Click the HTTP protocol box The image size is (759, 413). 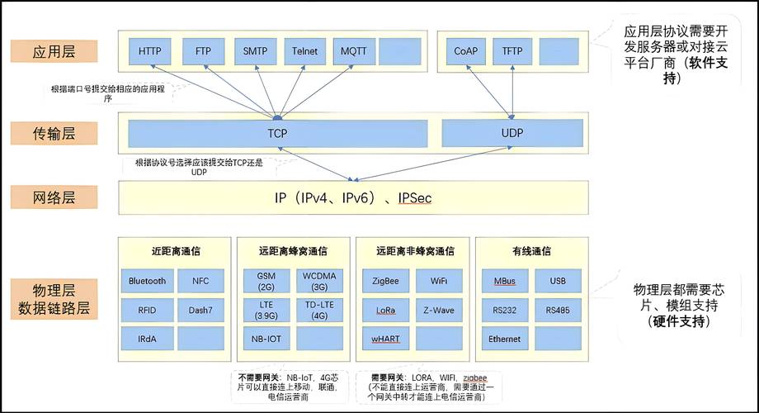(150, 51)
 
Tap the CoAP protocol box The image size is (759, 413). (465, 51)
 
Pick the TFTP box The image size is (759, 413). (512, 51)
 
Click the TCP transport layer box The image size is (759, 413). (277, 132)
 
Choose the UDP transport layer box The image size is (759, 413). (512, 132)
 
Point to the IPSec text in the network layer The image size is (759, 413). (415, 198)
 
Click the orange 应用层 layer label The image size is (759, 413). (54, 50)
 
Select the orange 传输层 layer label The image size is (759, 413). (54, 131)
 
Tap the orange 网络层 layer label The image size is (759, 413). (54, 197)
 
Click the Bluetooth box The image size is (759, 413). (147, 281)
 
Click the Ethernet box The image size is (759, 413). (504, 339)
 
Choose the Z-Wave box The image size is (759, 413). (439, 310)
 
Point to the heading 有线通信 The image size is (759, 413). (530, 251)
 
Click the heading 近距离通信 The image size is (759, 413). (176, 251)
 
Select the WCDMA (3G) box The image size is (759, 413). (319, 281)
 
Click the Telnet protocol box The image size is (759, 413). (304, 51)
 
